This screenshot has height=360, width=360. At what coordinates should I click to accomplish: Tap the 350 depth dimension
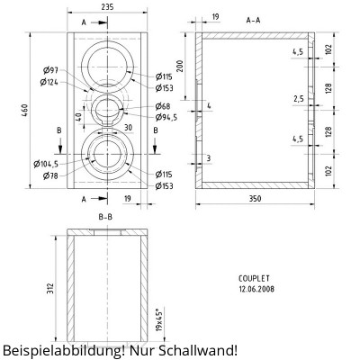[x=255, y=199]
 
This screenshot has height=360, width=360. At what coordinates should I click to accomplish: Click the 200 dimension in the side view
[x=180, y=67]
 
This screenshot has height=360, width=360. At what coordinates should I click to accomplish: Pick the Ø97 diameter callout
[x=50, y=71]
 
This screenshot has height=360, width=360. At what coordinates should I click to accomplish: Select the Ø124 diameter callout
[x=50, y=82]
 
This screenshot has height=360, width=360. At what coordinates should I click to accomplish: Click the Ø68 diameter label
[x=164, y=107]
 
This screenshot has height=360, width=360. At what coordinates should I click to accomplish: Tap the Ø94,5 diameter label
[x=166, y=117]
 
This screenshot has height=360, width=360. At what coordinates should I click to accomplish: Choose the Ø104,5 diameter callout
[x=46, y=164]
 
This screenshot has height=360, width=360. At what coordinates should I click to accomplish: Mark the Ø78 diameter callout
[x=50, y=175]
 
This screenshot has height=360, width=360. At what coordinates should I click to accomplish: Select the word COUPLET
[x=256, y=279]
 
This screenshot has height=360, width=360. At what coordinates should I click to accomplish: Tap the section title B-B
[x=105, y=217]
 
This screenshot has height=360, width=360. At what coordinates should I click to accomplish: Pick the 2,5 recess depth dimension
[x=298, y=98]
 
